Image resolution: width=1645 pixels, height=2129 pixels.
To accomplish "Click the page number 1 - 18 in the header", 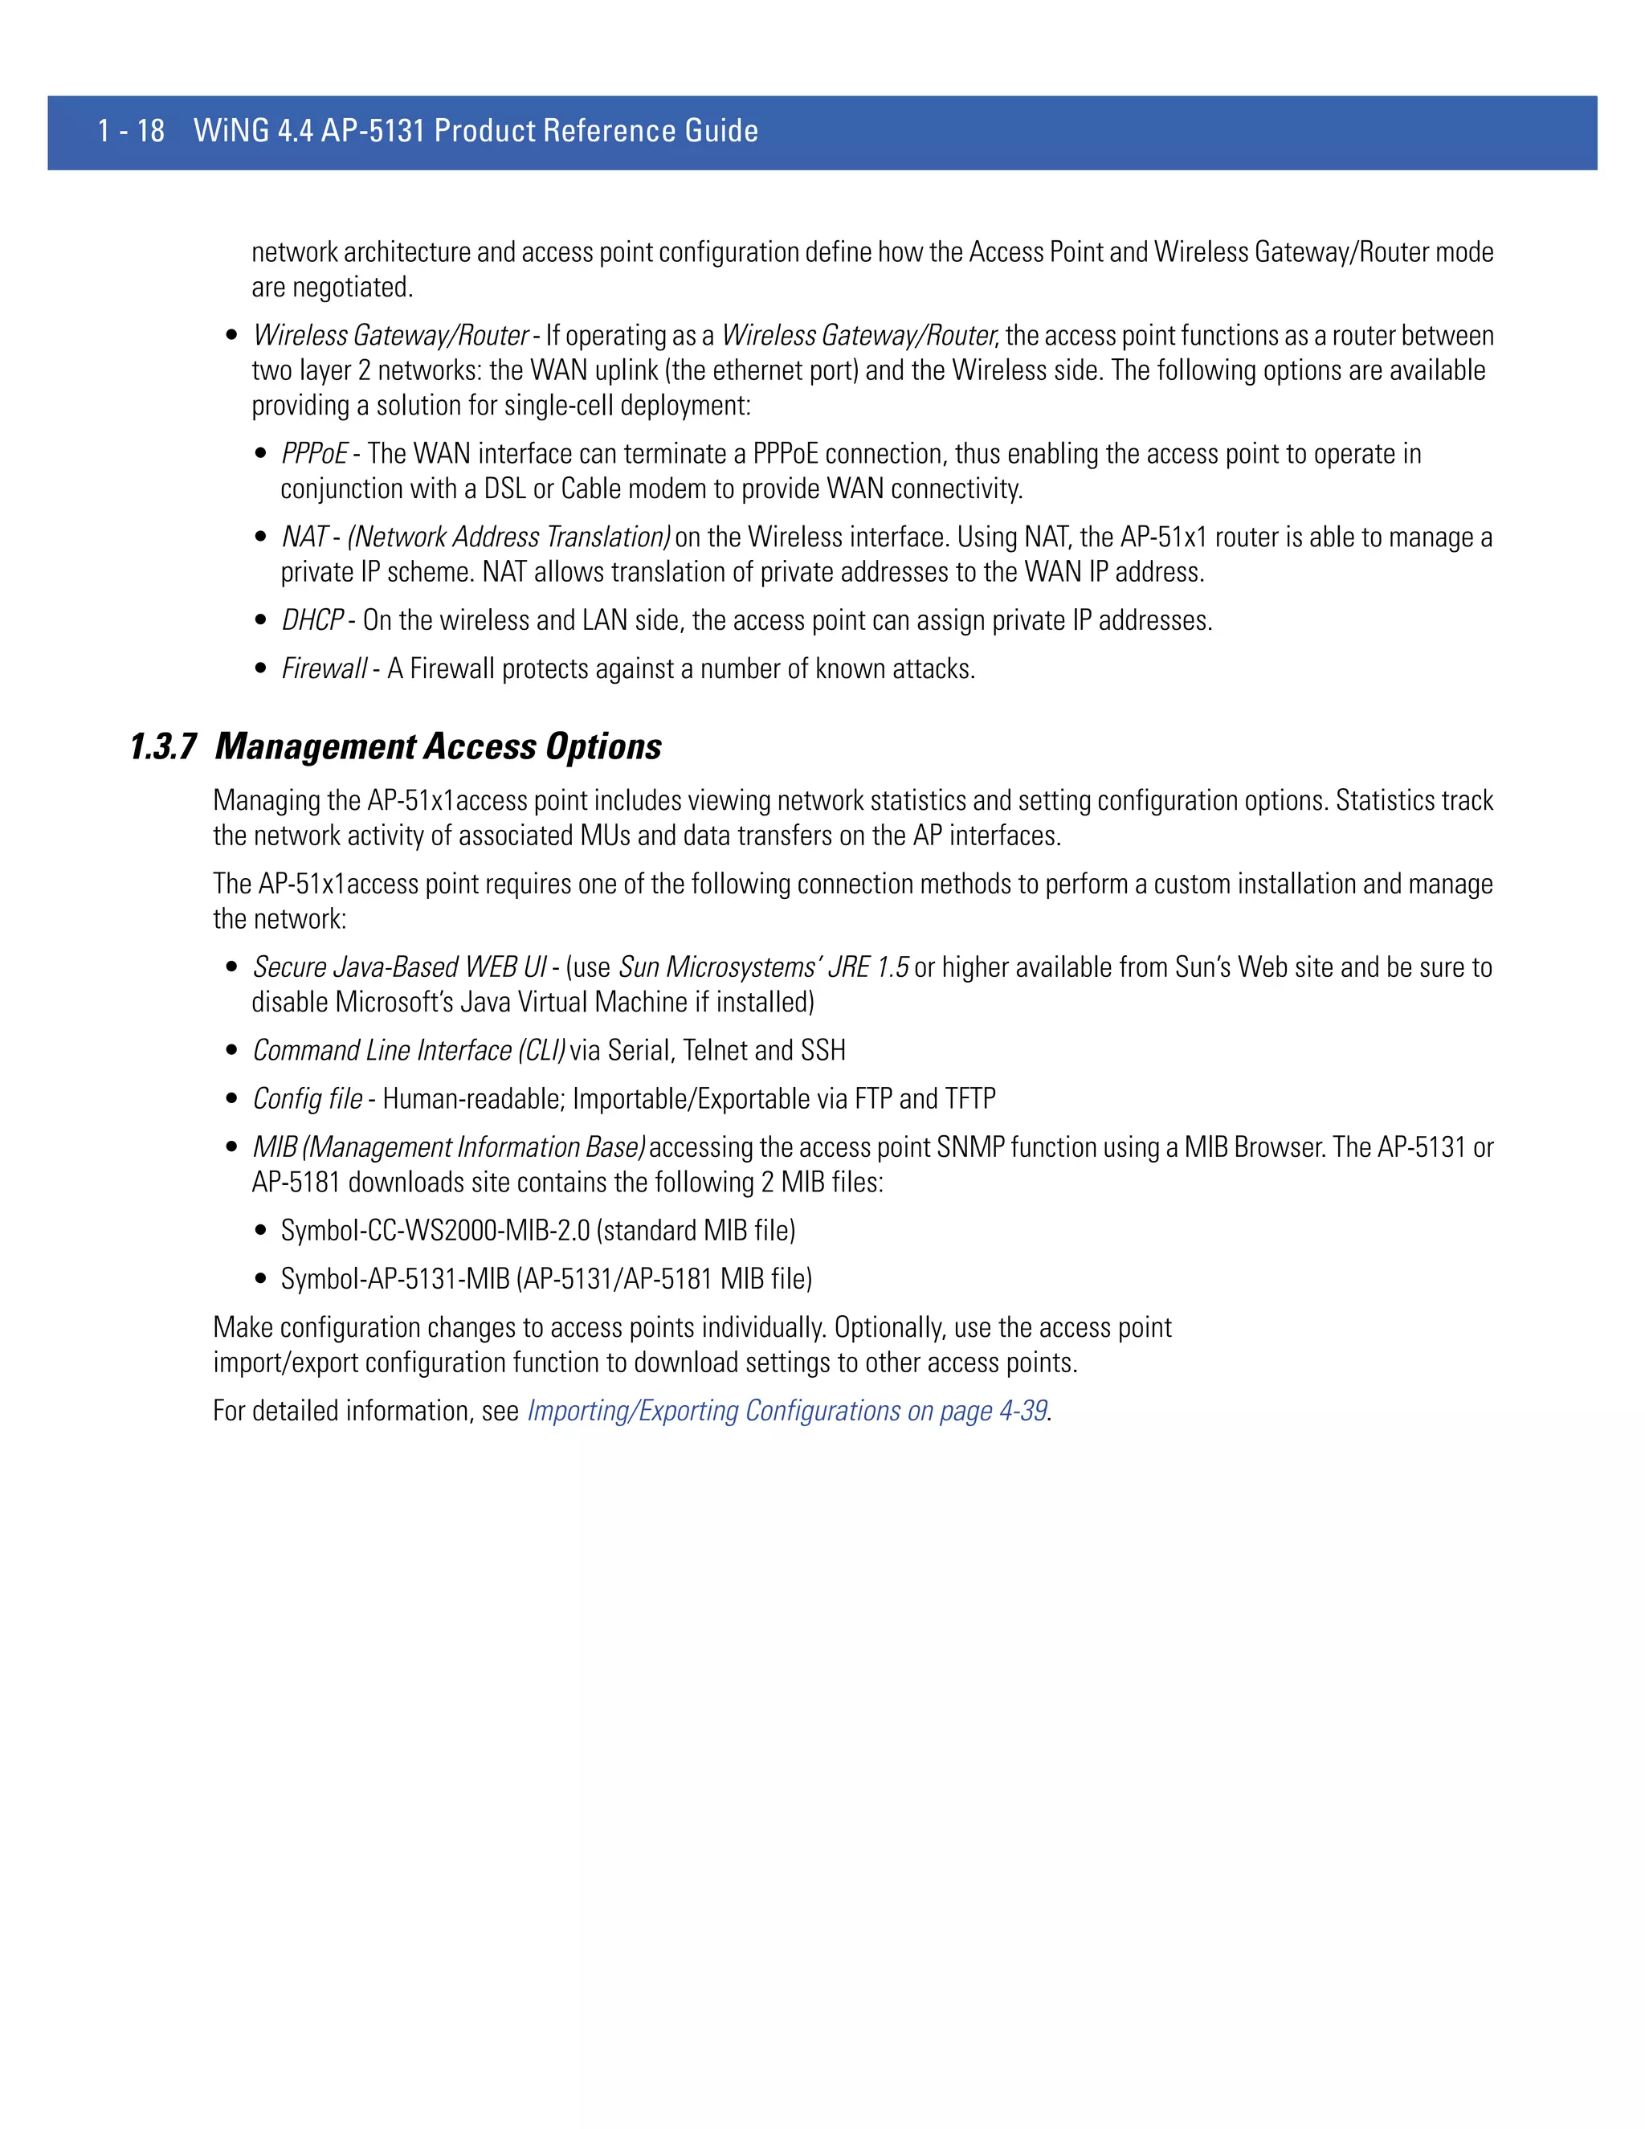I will (x=131, y=131).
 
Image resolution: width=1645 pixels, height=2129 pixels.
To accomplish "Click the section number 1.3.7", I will (x=163, y=746).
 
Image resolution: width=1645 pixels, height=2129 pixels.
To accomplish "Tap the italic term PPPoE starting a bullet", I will (x=314, y=454).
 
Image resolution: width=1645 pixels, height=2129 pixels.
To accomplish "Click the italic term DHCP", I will (x=312, y=621).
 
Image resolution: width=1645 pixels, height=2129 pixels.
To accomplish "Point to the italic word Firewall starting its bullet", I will (x=324, y=668).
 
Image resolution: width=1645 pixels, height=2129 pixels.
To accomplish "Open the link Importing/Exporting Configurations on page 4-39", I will (x=787, y=1411).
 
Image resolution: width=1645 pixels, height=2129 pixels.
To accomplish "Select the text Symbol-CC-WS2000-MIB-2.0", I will (x=435, y=1230).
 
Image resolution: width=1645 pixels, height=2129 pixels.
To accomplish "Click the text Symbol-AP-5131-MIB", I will (x=394, y=1279).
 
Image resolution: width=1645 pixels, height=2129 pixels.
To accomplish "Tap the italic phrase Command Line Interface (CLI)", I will (x=408, y=1051).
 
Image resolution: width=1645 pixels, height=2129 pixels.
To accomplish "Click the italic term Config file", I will (x=307, y=1098).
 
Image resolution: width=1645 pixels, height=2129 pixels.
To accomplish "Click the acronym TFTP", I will (x=969, y=1098).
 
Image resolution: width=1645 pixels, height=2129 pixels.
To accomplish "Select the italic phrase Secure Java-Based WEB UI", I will (x=399, y=967).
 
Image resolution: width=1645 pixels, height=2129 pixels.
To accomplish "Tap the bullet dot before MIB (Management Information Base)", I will (x=232, y=1147).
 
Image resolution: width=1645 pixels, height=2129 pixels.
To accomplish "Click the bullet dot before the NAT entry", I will (x=260, y=537).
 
